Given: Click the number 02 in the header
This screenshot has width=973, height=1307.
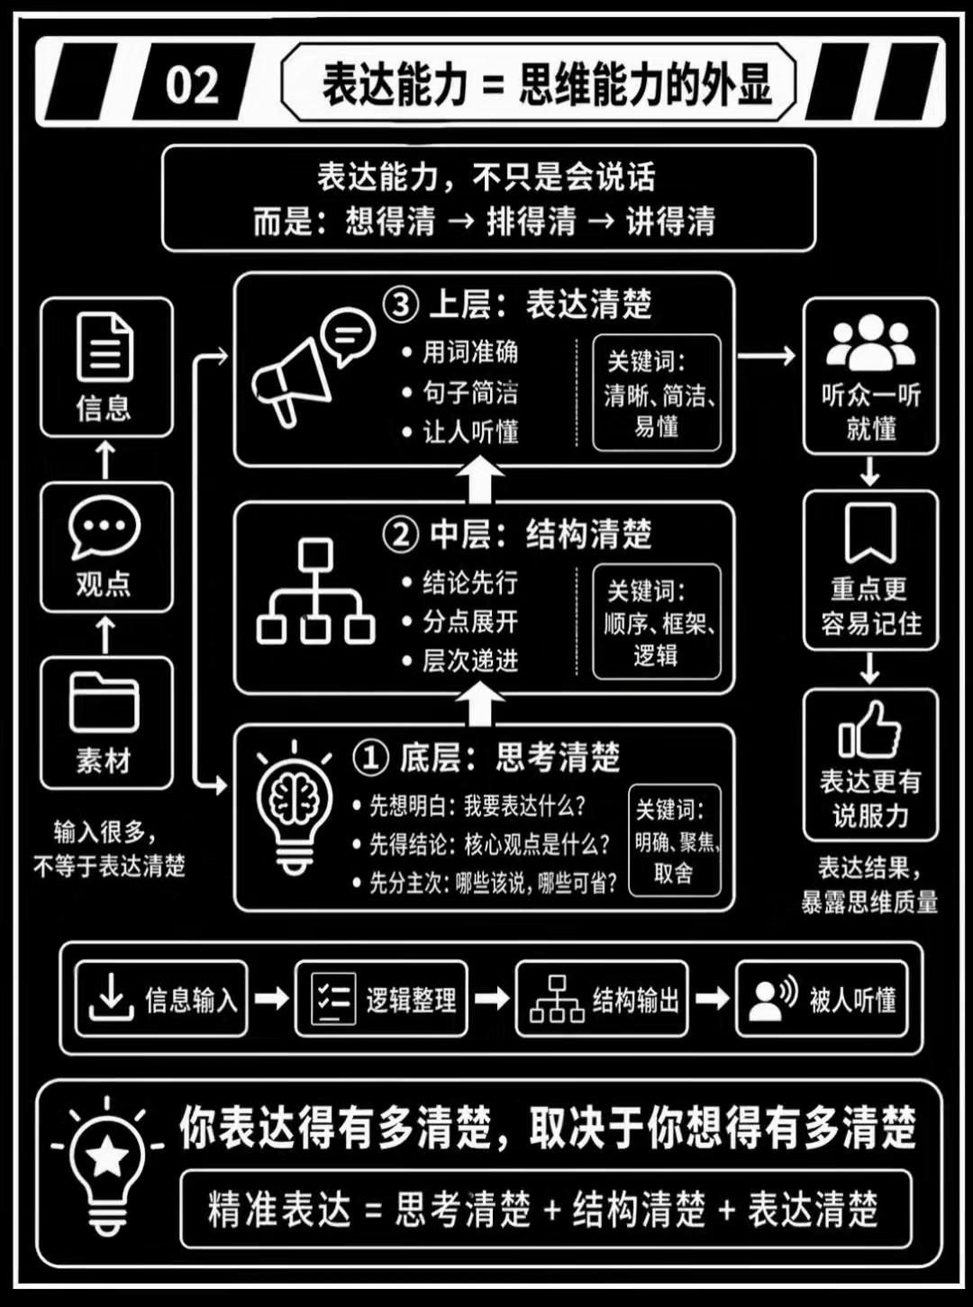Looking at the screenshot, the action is coord(192,85).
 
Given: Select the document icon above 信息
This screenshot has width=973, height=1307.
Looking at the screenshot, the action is coord(105,348).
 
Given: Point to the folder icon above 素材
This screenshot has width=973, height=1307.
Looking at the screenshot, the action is coord(105,703).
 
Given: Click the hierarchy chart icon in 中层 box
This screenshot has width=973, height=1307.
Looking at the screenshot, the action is coord(316,591).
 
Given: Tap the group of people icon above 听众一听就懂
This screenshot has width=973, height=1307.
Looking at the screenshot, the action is coord(870,341).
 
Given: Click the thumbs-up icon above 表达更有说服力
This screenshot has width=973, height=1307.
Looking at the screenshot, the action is coord(870,730).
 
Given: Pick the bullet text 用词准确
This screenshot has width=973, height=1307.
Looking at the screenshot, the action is coord(470,352).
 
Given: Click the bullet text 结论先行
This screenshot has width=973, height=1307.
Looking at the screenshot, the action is coord(470,582).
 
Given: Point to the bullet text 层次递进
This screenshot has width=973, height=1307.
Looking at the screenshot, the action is coord(470,660).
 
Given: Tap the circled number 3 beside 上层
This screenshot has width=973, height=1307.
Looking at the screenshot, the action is coord(401,305).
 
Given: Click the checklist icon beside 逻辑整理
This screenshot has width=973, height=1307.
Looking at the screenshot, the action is coord(333,999).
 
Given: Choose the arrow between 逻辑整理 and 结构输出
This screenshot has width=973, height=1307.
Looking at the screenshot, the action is coord(492,998).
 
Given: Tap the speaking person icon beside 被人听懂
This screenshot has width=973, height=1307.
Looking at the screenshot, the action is coord(773,999).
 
